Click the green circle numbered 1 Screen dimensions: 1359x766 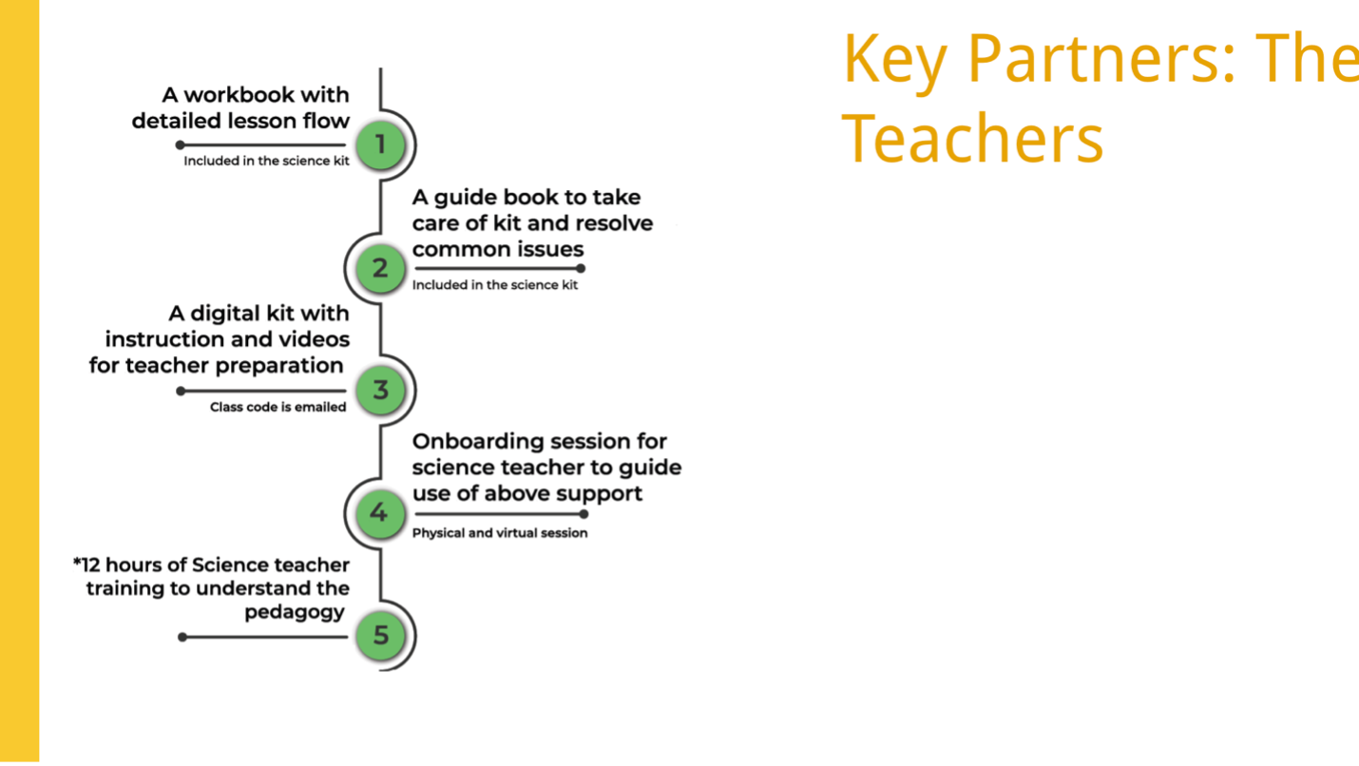point(380,145)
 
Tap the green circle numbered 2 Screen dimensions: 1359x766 point(380,268)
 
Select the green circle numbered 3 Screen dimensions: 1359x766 point(380,390)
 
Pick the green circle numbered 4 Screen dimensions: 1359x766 point(380,513)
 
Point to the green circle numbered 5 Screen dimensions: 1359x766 point(380,636)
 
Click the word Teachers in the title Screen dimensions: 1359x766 point(972,139)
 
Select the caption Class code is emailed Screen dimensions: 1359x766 point(278,407)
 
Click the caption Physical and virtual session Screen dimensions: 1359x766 point(500,533)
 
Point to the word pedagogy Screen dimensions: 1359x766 point(295,613)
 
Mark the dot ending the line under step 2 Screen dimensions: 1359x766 point(581,268)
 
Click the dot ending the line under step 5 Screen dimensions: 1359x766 point(182,637)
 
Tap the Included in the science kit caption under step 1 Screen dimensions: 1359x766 point(266,161)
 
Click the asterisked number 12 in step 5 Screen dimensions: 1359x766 point(86,565)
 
